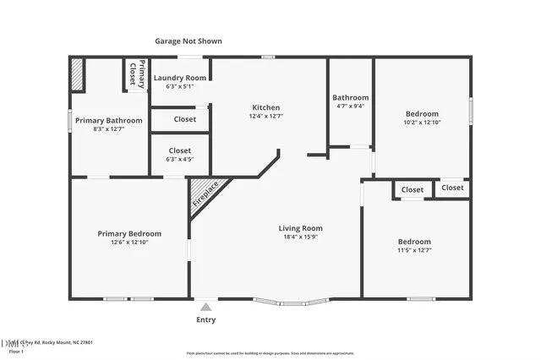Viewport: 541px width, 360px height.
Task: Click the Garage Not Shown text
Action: pos(189,41)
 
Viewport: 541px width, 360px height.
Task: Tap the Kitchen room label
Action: pos(265,107)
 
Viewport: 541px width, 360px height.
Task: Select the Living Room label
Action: pos(301,228)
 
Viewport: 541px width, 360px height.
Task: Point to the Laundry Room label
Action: pos(179,78)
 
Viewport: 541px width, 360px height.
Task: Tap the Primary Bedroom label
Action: pos(128,233)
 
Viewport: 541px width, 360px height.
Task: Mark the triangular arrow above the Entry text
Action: pos(206,306)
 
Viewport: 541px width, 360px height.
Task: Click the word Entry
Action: pos(206,319)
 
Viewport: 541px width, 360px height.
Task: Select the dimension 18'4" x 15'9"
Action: pos(301,237)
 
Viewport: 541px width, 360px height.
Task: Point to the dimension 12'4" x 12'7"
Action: pos(265,117)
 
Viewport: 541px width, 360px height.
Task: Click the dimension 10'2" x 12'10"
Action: pos(421,123)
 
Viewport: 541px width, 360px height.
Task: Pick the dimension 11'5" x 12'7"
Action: pos(414,250)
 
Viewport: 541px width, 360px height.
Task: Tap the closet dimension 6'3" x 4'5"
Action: pos(179,158)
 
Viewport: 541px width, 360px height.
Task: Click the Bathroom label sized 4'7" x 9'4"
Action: pos(350,97)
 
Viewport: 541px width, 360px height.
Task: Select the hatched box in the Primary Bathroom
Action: pos(77,74)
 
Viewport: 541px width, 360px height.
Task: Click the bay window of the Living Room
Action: pos(294,303)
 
